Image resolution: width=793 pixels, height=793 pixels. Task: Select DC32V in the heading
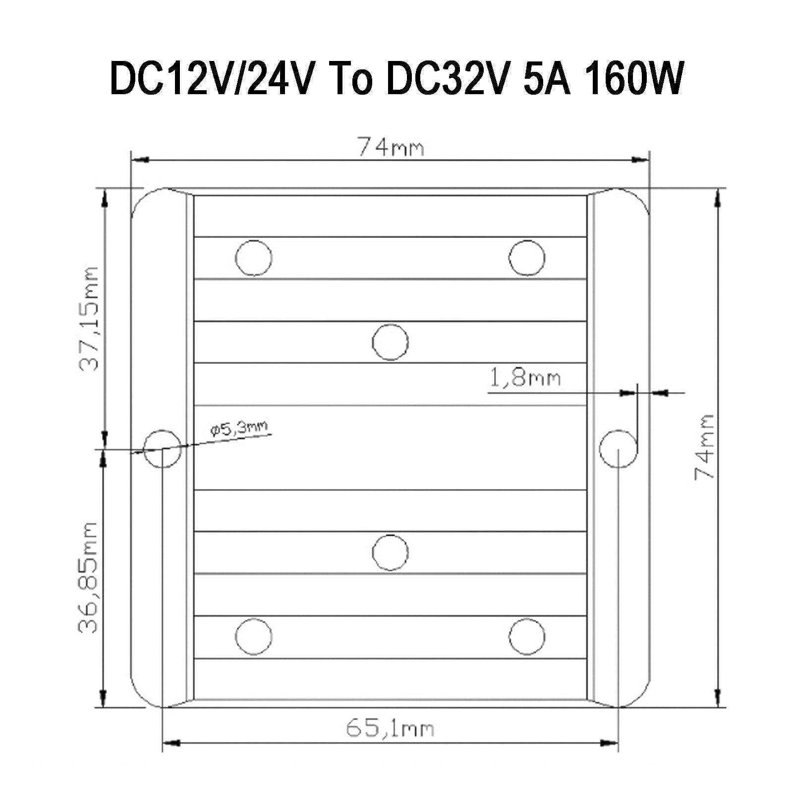[447, 78]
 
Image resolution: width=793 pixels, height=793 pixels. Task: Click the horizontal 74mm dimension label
[391, 147]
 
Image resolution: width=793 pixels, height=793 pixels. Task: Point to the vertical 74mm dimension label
[704, 447]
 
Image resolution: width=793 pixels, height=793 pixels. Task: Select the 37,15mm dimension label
[90, 319]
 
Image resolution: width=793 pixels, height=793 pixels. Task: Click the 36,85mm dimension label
[89, 577]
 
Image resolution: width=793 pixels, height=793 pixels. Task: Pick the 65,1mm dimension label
[390, 729]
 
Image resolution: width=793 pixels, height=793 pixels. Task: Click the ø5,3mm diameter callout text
[239, 428]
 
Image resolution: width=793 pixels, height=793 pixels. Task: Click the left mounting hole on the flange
[162, 449]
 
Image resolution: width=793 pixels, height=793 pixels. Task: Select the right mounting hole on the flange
[618, 449]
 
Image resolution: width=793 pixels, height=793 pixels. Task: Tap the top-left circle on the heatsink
[254, 258]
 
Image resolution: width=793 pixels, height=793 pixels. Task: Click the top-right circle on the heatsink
[527, 258]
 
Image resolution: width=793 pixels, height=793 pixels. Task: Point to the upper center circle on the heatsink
[390, 342]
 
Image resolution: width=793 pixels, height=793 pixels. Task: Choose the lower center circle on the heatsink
[390, 552]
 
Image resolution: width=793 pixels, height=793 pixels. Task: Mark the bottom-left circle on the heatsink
[254, 636]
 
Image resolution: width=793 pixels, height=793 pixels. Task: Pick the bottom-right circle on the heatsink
[527, 636]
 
